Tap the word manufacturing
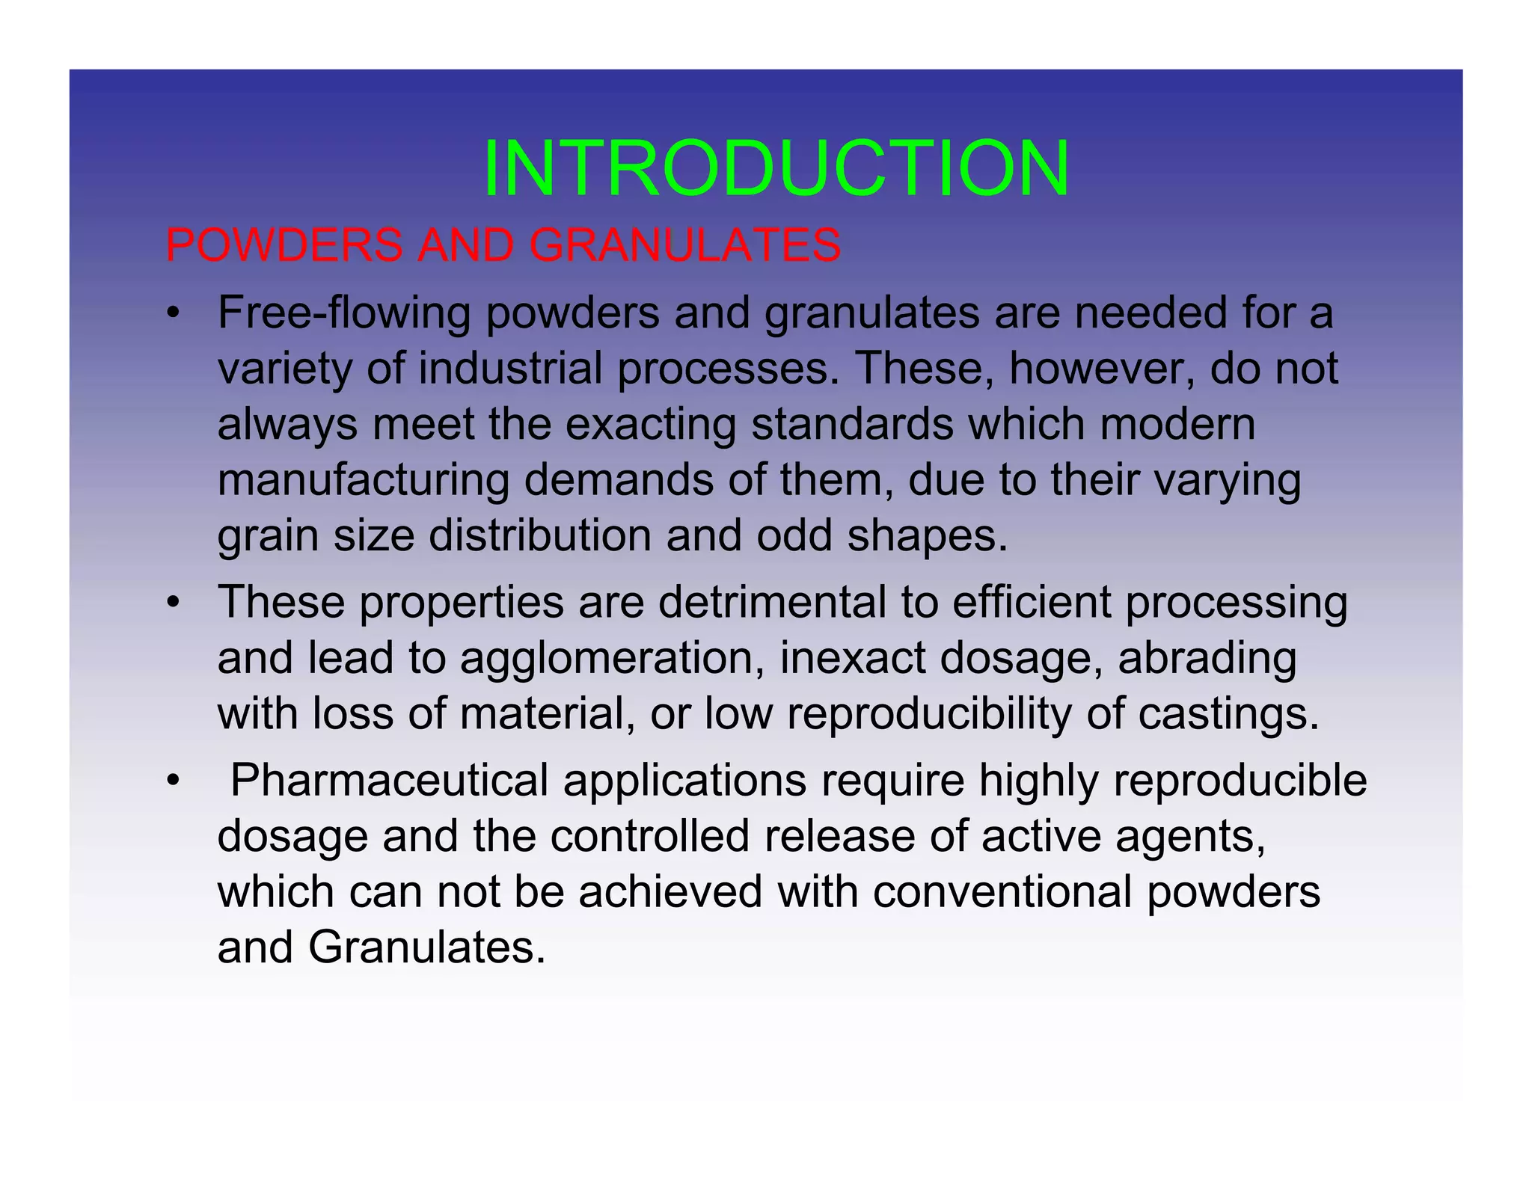[363, 480]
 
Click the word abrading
[1207, 658]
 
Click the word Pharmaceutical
[389, 780]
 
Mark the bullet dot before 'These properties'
[173, 603]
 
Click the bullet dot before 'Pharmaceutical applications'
[173, 781]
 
